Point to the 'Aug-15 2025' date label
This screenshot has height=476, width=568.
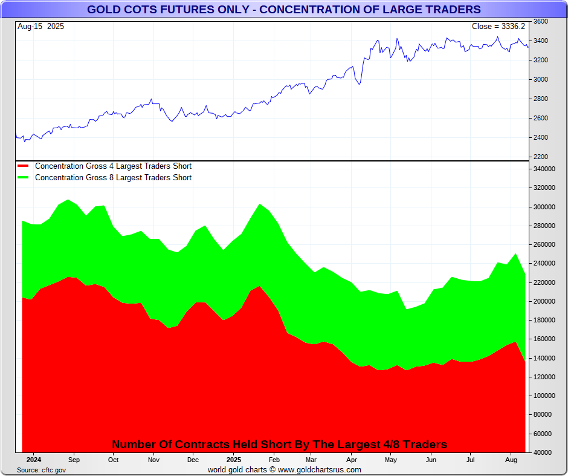pyautogui.click(x=41, y=27)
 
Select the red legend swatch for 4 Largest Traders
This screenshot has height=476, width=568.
pyautogui.click(x=24, y=166)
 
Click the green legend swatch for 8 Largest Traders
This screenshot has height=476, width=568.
pyautogui.click(x=24, y=177)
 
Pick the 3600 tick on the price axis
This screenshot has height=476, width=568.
pyautogui.click(x=541, y=22)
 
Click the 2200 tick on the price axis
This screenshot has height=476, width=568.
pyautogui.click(x=541, y=157)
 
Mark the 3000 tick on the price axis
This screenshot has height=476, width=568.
pyautogui.click(x=541, y=80)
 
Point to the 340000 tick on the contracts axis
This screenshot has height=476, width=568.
pyautogui.click(x=544, y=169)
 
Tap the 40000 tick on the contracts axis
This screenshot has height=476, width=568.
pyautogui.click(x=543, y=453)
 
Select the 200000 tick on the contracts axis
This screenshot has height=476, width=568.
pyautogui.click(x=544, y=302)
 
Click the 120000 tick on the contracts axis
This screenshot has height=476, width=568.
pyautogui.click(x=544, y=377)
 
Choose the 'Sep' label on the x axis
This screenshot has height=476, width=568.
pyautogui.click(x=74, y=460)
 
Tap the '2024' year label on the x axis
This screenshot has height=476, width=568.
pyautogui.click(x=34, y=460)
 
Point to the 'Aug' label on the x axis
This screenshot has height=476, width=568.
pyautogui.click(x=510, y=460)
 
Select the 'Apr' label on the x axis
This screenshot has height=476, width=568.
pyautogui.click(x=352, y=460)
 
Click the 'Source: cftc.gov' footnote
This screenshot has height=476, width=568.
pyautogui.click(x=42, y=470)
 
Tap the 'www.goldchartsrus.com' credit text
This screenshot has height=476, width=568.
pyautogui.click(x=320, y=469)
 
